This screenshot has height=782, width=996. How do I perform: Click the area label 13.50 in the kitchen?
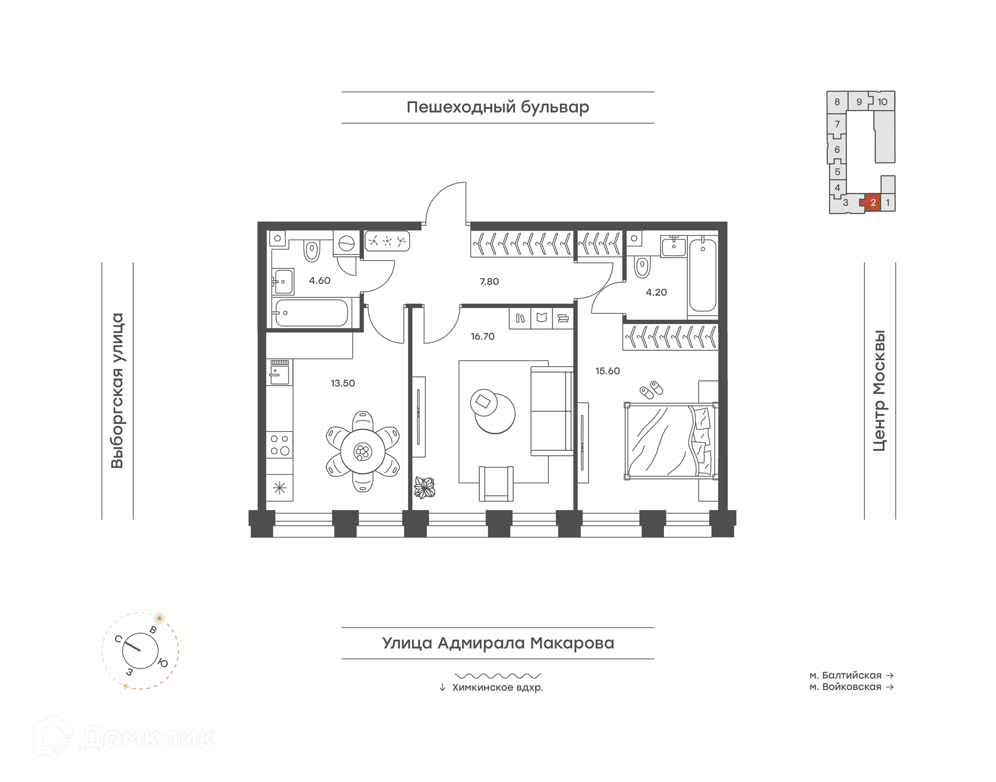tap(343, 383)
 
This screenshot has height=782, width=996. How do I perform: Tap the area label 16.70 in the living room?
tap(482, 337)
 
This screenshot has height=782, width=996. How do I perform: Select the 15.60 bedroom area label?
tap(607, 371)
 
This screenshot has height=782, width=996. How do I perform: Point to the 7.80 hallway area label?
tap(489, 282)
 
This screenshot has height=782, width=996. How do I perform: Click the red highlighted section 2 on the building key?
tap(873, 202)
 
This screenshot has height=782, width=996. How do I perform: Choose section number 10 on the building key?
tap(882, 102)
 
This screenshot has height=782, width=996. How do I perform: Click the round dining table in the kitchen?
tap(363, 451)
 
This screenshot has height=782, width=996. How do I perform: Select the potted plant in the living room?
tap(424, 488)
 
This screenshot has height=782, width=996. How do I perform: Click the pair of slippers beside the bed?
tap(651, 390)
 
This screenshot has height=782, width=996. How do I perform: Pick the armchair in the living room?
tap(496, 484)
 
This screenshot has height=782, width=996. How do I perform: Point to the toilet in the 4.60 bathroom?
tap(311, 251)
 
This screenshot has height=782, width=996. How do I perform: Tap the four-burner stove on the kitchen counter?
tap(280, 445)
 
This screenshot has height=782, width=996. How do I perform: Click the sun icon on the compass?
tap(159, 618)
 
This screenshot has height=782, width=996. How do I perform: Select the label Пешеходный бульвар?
tap(497, 107)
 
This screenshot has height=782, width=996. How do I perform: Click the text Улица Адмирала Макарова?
tap(498, 643)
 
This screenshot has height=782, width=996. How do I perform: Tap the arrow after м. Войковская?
tap(890, 687)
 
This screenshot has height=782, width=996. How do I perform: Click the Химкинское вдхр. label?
tap(497, 688)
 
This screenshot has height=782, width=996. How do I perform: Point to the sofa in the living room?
tap(552, 411)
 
